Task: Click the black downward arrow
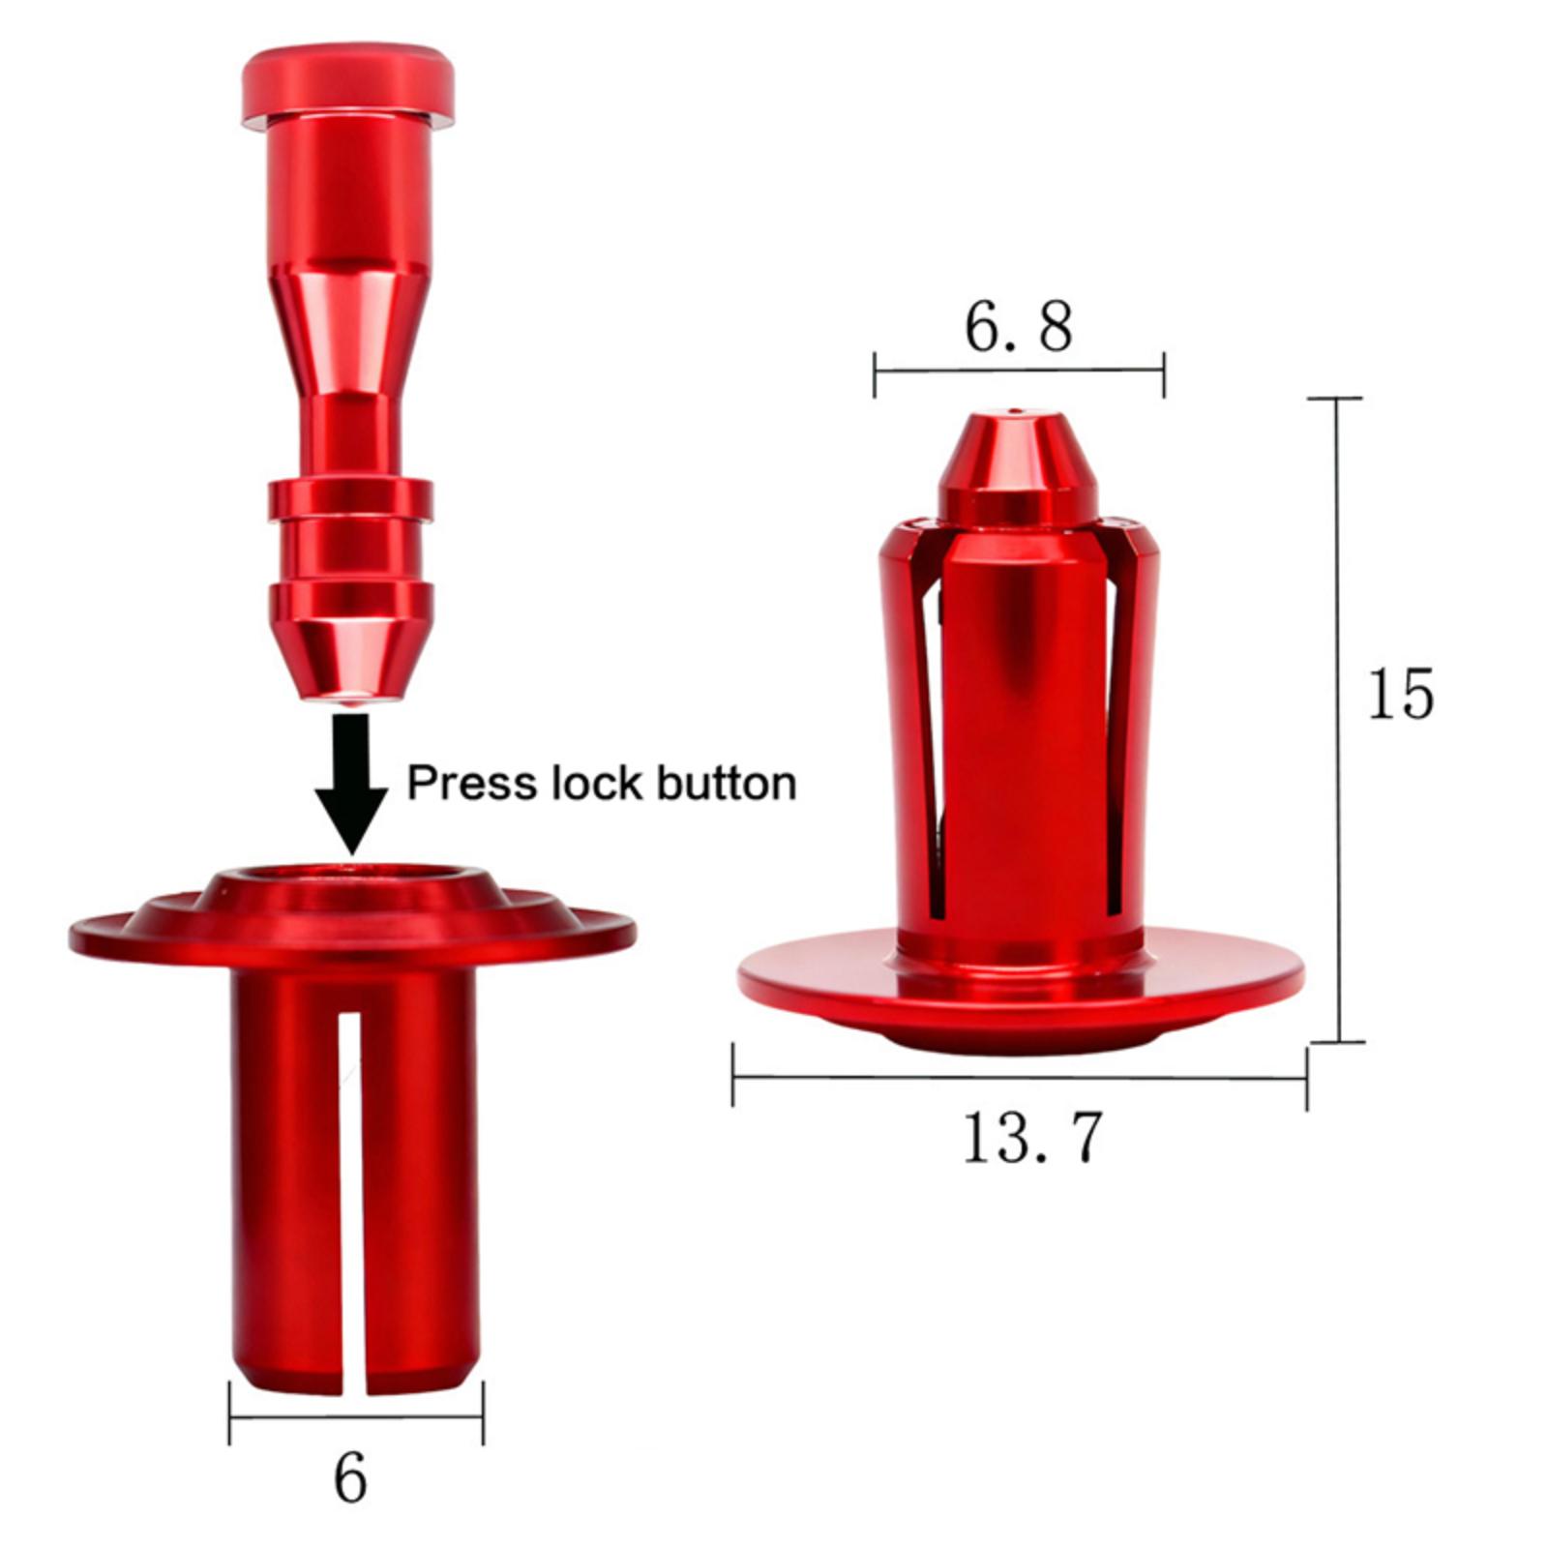click(350, 782)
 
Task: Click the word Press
click(473, 784)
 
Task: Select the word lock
click(598, 783)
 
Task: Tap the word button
click(727, 783)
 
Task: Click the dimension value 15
click(1400, 694)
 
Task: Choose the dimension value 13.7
click(1032, 1137)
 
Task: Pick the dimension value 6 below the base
click(350, 1477)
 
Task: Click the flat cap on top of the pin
click(347, 89)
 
